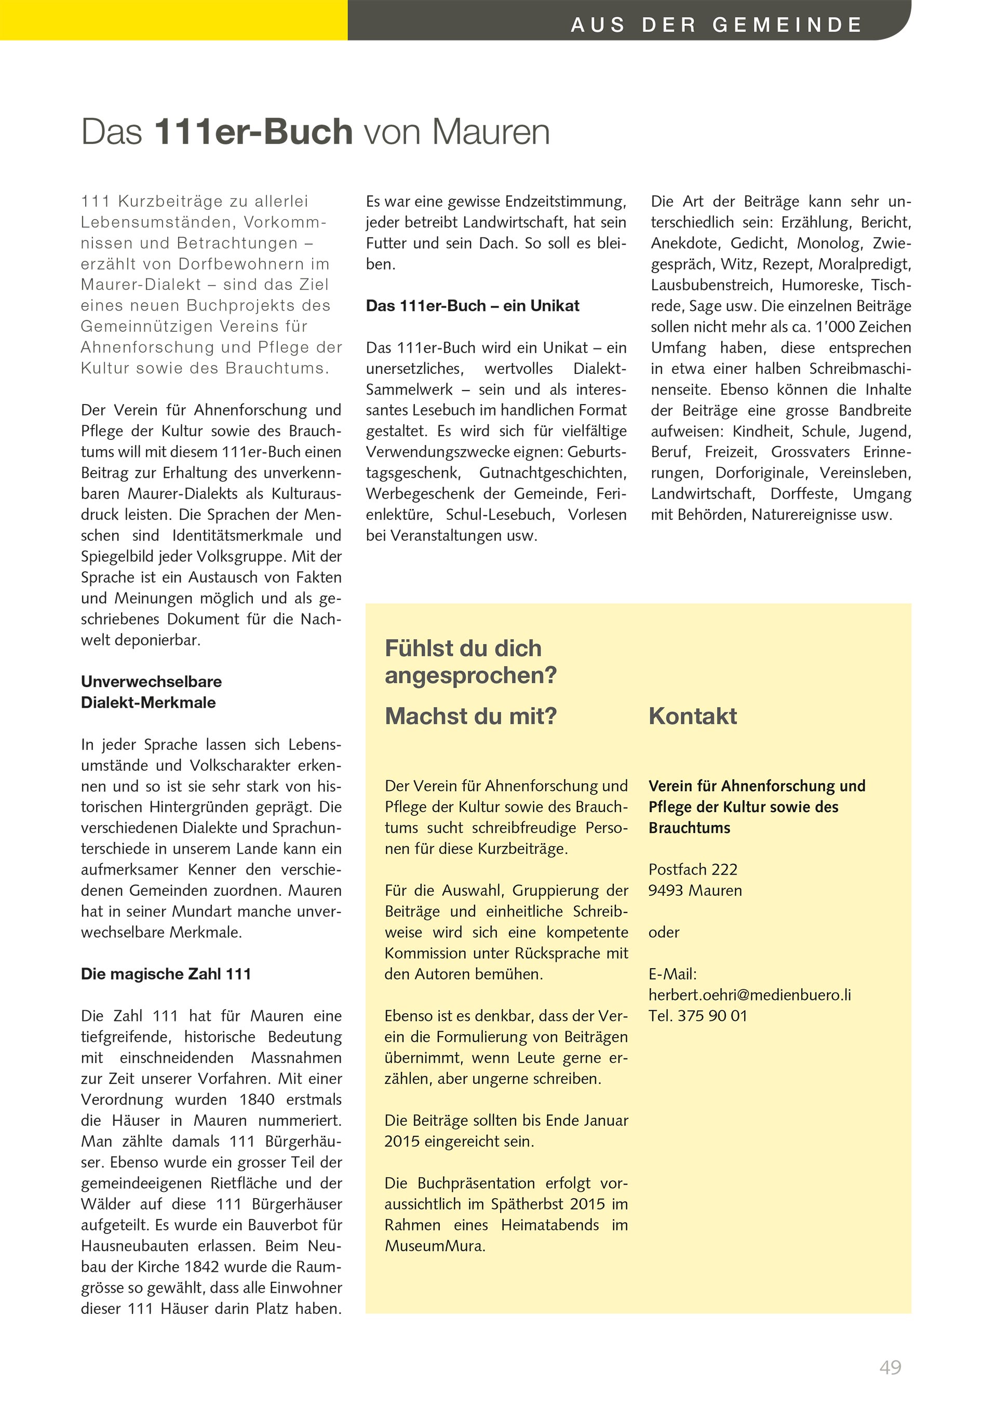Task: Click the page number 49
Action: click(x=890, y=1367)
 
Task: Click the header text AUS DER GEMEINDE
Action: click(x=717, y=25)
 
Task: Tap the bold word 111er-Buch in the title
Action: click(x=253, y=132)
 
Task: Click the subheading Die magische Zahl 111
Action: click(x=166, y=974)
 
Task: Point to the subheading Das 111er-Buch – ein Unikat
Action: click(x=472, y=306)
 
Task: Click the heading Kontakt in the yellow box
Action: click(x=693, y=716)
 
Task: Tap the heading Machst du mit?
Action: click(x=470, y=716)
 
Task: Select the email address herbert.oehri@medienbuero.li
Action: click(x=750, y=995)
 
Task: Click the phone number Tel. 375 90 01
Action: click(x=697, y=1016)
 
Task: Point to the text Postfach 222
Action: click(x=693, y=869)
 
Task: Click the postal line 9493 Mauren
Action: click(x=695, y=891)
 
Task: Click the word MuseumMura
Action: click(x=435, y=1245)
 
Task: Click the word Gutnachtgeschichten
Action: click(x=552, y=473)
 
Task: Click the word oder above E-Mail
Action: click(x=664, y=932)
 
